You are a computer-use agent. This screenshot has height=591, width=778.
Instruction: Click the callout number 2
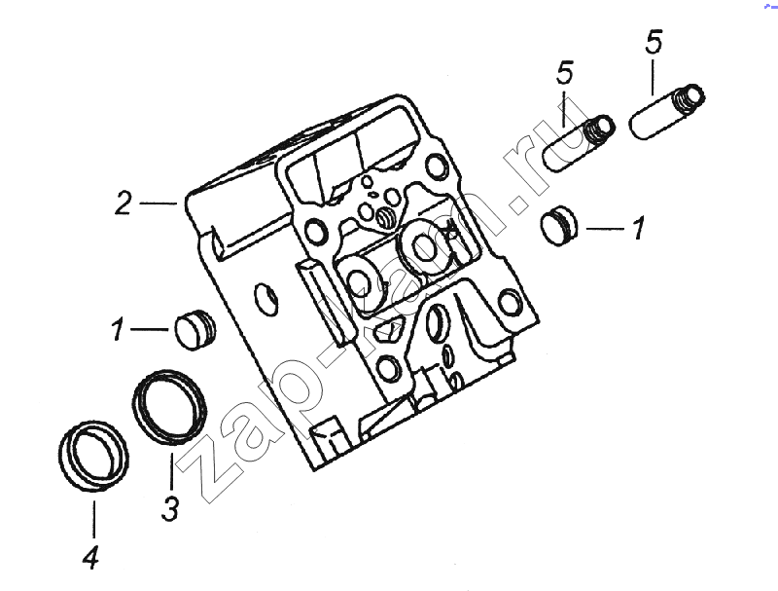(124, 203)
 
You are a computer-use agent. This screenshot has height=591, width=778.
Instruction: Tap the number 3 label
(170, 508)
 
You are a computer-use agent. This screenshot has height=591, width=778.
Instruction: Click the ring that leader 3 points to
(169, 407)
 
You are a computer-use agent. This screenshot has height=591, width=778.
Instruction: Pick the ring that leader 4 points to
(93, 457)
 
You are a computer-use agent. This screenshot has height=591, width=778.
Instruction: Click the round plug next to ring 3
(195, 329)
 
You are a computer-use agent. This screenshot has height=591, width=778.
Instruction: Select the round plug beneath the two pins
(559, 225)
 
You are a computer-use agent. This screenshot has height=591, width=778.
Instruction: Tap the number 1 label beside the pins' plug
(639, 228)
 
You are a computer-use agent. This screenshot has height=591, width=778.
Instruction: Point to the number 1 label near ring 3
(117, 329)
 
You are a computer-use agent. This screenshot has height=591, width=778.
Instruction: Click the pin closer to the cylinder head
(579, 143)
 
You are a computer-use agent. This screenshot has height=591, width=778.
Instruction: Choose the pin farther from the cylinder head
(667, 112)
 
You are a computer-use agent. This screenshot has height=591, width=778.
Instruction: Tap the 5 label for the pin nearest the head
(565, 72)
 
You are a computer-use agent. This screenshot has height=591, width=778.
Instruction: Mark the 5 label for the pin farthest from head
(654, 42)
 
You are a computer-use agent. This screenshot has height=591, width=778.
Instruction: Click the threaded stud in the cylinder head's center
(384, 217)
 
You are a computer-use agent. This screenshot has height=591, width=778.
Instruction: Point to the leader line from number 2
(158, 203)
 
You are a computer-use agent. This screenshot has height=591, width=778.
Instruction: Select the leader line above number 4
(93, 520)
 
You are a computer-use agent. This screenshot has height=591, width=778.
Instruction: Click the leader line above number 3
(171, 471)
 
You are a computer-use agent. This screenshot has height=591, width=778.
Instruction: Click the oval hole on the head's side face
(265, 300)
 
